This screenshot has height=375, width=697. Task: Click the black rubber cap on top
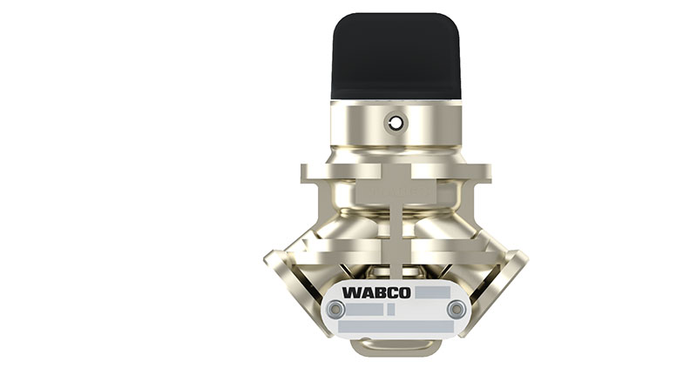pyautogui.click(x=396, y=57)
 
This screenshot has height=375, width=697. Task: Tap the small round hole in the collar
pyautogui.click(x=396, y=124)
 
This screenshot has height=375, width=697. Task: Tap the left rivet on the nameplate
pyautogui.click(x=335, y=309)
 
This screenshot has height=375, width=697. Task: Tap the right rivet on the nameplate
pyautogui.click(x=456, y=309)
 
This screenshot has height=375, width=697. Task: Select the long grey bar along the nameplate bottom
pyautogui.click(x=396, y=326)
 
